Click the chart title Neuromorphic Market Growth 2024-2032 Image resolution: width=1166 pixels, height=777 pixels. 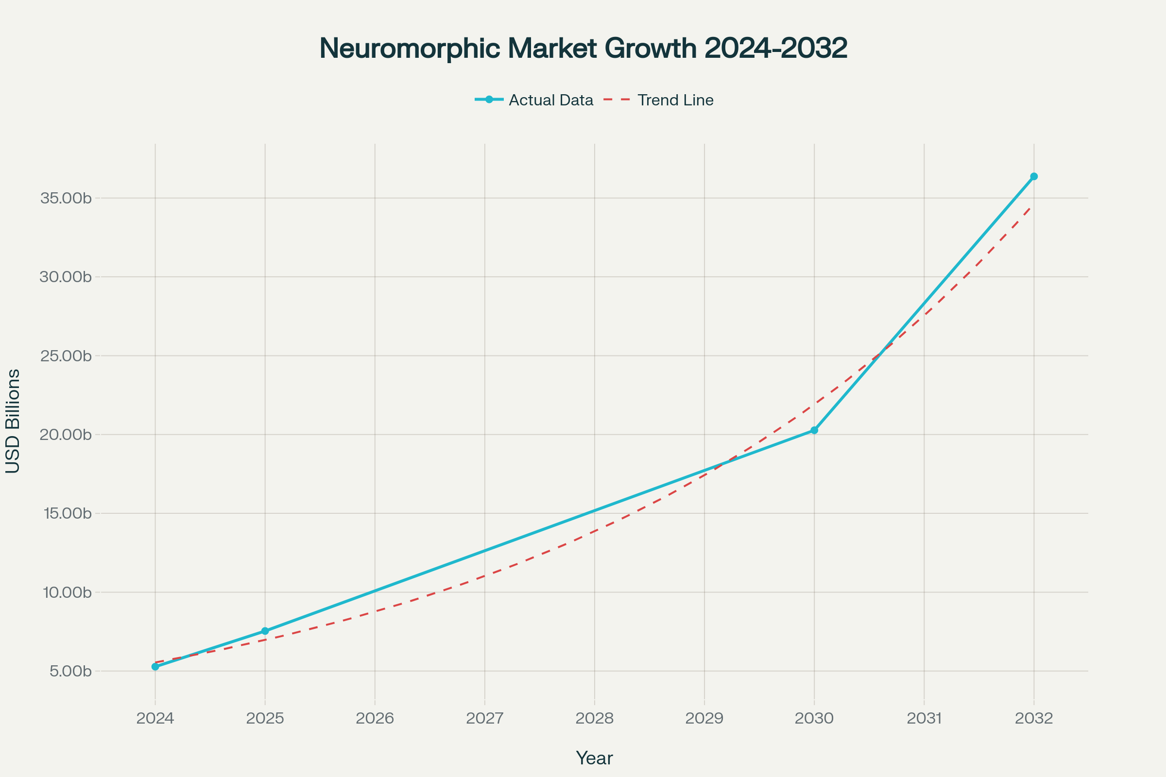[583, 49]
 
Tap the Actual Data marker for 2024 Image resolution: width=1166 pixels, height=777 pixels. [155, 666]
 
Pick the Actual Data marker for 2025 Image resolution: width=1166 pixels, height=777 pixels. [265, 631]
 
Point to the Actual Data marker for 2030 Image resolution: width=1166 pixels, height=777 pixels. [814, 430]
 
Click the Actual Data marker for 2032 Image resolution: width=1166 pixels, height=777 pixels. [1034, 176]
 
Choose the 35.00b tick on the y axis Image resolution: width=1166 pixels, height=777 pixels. [66, 198]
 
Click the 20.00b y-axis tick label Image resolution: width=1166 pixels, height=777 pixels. [66, 435]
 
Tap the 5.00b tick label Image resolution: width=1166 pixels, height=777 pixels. [70, 672]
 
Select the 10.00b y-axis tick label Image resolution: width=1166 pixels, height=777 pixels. [67, 592]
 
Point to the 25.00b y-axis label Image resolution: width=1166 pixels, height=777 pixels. [66, 356]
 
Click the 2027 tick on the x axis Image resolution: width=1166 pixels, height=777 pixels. [484, 718]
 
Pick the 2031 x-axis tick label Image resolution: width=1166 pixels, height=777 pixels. [924, 718]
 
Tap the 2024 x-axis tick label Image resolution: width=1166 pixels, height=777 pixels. [155, 718]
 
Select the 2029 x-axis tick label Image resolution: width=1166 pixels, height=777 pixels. [704, 718]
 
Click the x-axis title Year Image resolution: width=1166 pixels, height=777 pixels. [594, 758]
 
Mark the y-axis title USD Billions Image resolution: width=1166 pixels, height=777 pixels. [13, 421]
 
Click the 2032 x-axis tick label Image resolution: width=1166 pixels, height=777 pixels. [1034, 718]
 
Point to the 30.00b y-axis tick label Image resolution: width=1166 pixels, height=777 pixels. [66, 276]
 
